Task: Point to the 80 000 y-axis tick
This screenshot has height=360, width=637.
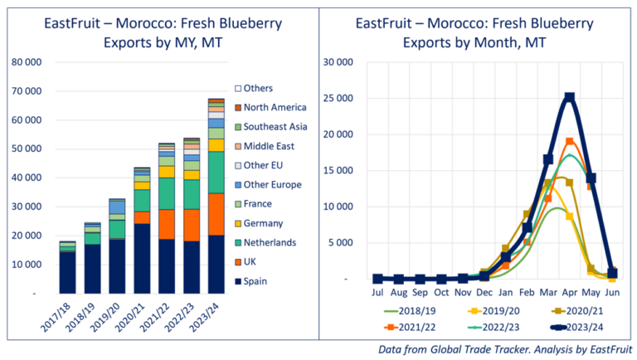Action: pyautogui.click(x=32, y=62)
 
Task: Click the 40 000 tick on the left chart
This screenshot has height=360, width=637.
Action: pyautogui.click(x=32, y=178)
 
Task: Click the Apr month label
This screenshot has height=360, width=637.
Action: pyautogui.click(x=569, y=294)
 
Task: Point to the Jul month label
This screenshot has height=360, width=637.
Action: pyautogui.click(x=378, y=294)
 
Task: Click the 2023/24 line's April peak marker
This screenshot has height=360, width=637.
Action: pyautogui.click(x=569, y=98)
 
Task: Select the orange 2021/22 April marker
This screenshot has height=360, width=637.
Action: pyautogui.click(x=569, y=142)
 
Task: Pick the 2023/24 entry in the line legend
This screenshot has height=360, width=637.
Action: pyautogui.click(x=572, y=327)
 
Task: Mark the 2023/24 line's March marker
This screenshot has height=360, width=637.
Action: pyautogui.click(x=548, y=159)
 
